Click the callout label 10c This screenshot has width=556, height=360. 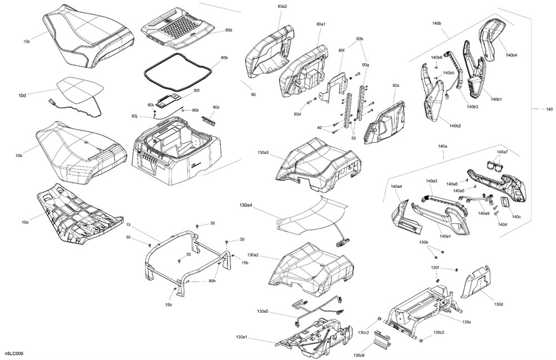pyautogui.click(x=27, y=41)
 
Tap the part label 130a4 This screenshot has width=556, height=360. pyautogui.click(x=246, y=205)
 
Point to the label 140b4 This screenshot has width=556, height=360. pyautogui.click(x=512, y=55)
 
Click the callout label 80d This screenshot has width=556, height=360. pyautogui.click(x=229, y=30)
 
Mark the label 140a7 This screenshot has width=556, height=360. pyautogui.click(x=502, y=152)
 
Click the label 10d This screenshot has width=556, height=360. pyautogui.click(x=22, y=96)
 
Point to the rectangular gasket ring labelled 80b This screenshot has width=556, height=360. pyautogui.click(x=177, y=71)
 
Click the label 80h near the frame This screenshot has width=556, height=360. pyautogui.click(x=212, y=281)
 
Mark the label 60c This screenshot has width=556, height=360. pyautogui.click(x=396, y=86)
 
